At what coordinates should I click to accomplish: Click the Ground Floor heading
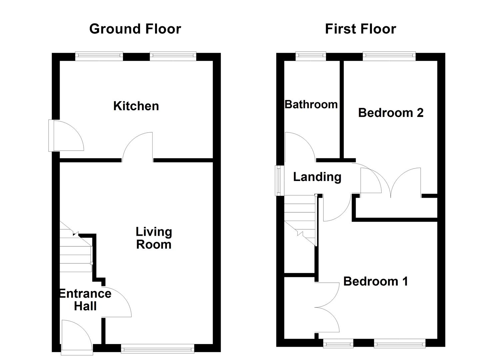pyautogui.click(x=135, y=29)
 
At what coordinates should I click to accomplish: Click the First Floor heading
pyautogui.click(x=360, y=29)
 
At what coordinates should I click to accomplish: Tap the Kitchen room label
pyautogui.click(x=136, y=106)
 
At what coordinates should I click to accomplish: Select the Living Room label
pyautogui.click(x=154, y=238)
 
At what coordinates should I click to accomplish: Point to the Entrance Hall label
pyautogui.click(x=85, y=300)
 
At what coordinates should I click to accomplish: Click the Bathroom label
pyautogui.click(x=311, y=104)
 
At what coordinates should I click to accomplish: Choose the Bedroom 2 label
pyautogui.click(x=391, y=113)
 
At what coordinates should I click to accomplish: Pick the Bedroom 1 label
pyautogui.click(x=376, y=281)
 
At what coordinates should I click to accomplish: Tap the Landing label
pyautogui.click(x=317, y=177)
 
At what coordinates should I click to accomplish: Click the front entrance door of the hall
pyautogui.click(x=76, y=335)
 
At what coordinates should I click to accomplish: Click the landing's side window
pyautogui.click(x=277, y=180)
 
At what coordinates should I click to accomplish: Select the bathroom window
pyautogui.click(x=311, y=57)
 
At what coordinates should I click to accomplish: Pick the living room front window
pyautogui.click(x=157, y=349)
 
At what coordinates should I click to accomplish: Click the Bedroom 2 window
pyautogui.click(x=389, y=57)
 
